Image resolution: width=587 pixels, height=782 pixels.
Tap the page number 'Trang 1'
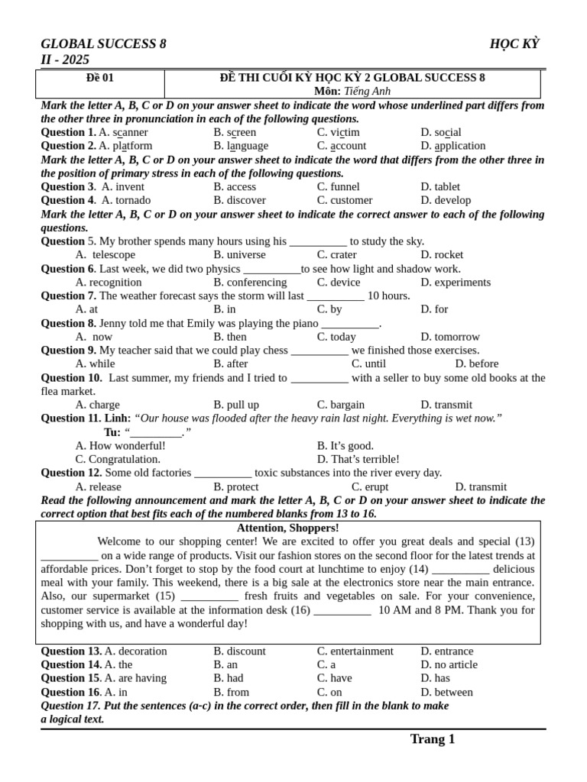(432, 738)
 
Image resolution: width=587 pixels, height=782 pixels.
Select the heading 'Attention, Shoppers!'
(287, 528)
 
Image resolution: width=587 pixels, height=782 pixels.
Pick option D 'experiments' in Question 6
(456, 282)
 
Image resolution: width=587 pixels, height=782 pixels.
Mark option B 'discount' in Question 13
(240, 651)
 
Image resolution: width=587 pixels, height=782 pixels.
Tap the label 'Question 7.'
(68, 296)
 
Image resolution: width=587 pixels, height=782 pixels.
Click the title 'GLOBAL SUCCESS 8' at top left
(103, 44)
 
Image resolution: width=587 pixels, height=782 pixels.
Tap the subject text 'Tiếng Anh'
(367, 91)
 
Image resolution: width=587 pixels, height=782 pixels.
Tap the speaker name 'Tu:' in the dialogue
(112, 432)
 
